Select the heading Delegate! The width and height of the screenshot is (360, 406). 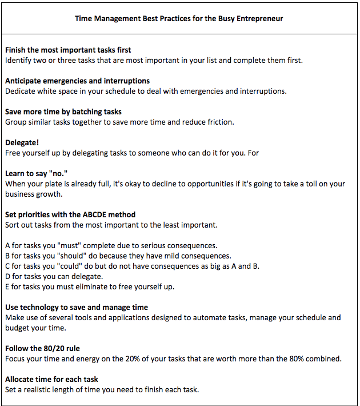pyautogui.click(x=22, y=142)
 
